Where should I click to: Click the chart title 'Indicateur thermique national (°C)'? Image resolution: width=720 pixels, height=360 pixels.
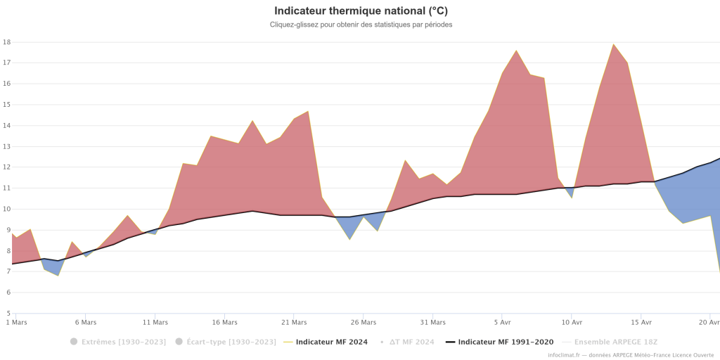(x=361, y=11)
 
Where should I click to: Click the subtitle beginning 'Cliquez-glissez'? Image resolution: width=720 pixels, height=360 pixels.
(x=361, y=25)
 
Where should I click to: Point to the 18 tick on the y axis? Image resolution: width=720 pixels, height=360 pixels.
(x=7, y=42)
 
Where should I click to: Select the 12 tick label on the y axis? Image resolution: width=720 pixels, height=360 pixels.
(x=7, y=167)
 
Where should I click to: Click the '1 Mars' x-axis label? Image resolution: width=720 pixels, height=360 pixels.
(x=15, y=323)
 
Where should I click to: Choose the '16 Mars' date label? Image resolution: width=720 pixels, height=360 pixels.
(x=224, y=323)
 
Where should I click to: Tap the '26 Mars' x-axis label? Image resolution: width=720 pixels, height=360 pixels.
(x=363, y=323)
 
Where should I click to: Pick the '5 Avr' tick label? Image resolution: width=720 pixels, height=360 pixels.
(x=501, y=323)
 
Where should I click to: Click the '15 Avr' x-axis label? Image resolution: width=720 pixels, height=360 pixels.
(x=641, y=323)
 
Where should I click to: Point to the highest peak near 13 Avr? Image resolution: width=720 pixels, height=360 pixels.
(x=613, y=44)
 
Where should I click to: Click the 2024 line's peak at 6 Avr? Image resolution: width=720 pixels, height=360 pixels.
(x=516, y=51)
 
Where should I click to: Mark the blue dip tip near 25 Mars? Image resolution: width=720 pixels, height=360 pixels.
(x=349, y=240)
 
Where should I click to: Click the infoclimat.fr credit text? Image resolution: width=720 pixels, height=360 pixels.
(x=631, y=355)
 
